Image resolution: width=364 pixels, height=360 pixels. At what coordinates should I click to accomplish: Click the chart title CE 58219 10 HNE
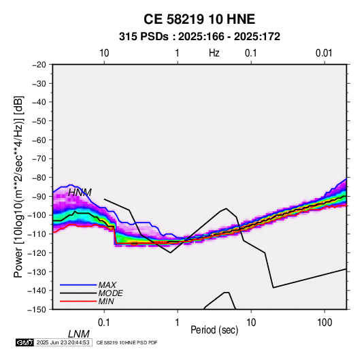point(199,19)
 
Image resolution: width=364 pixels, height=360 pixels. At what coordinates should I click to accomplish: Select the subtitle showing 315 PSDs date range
point(199,37)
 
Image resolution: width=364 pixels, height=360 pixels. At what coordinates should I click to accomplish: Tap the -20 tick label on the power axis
point(39,65)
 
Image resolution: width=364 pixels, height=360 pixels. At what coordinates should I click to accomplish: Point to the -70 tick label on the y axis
point(39,159)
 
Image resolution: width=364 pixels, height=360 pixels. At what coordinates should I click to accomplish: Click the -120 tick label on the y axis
point(37,252)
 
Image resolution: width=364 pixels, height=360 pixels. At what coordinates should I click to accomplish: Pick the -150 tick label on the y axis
point(37,310)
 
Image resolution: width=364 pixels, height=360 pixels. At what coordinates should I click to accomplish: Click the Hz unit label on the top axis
point(214,53)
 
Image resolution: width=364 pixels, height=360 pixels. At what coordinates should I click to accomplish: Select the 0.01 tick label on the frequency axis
point(324,53)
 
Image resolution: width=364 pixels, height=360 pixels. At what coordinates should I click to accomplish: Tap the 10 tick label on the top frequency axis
point(104,53)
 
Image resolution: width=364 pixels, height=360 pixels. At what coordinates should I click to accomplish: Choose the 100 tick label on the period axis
point(325,323)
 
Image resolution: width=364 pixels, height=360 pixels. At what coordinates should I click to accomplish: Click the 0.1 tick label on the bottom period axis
point(104,323)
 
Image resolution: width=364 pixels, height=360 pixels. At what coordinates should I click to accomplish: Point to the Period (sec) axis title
point(214,330)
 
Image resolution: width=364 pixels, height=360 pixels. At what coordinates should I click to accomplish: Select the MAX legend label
point(107,285)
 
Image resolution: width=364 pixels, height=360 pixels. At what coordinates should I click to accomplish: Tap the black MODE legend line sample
point(78,293)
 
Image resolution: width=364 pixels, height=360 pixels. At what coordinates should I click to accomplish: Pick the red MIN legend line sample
point(78,301)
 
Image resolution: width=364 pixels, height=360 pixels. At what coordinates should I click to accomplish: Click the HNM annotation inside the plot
point(80,193)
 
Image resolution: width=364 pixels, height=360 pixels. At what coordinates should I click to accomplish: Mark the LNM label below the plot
point(78,334)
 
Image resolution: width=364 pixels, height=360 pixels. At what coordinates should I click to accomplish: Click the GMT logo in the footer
point(25,342)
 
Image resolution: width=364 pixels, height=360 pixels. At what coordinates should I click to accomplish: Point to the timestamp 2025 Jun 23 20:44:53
point(63,342)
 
